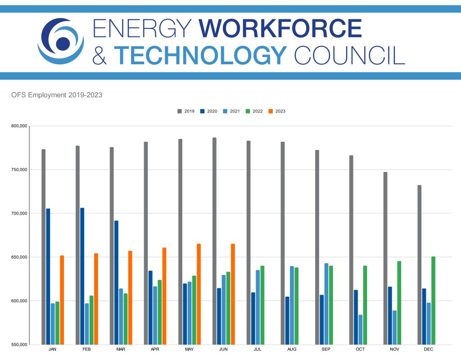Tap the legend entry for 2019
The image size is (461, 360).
[x=185, y=111]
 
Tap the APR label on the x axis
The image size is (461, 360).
[x=155, y=349]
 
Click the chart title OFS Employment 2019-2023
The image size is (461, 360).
[x=57, y=95]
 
